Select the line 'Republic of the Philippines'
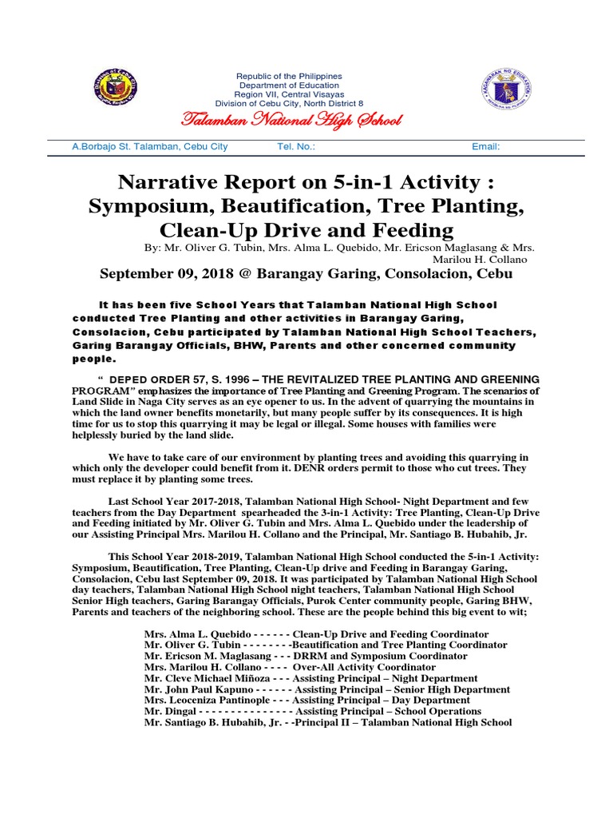[x=289, y=75]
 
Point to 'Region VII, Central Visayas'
[x=289, y=94]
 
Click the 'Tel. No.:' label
[x=295, y=147]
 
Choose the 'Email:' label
[x=486, y=147]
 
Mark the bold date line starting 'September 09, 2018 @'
[x=306, y=274]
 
